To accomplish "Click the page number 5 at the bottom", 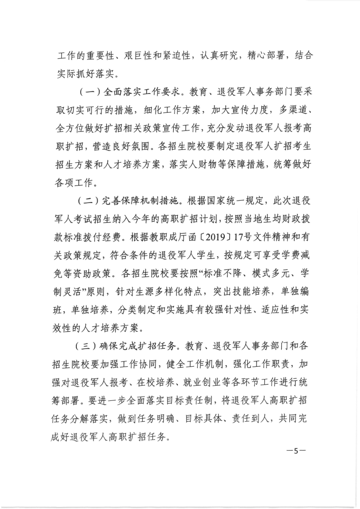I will pyautogui.click(x=295, y=451).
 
